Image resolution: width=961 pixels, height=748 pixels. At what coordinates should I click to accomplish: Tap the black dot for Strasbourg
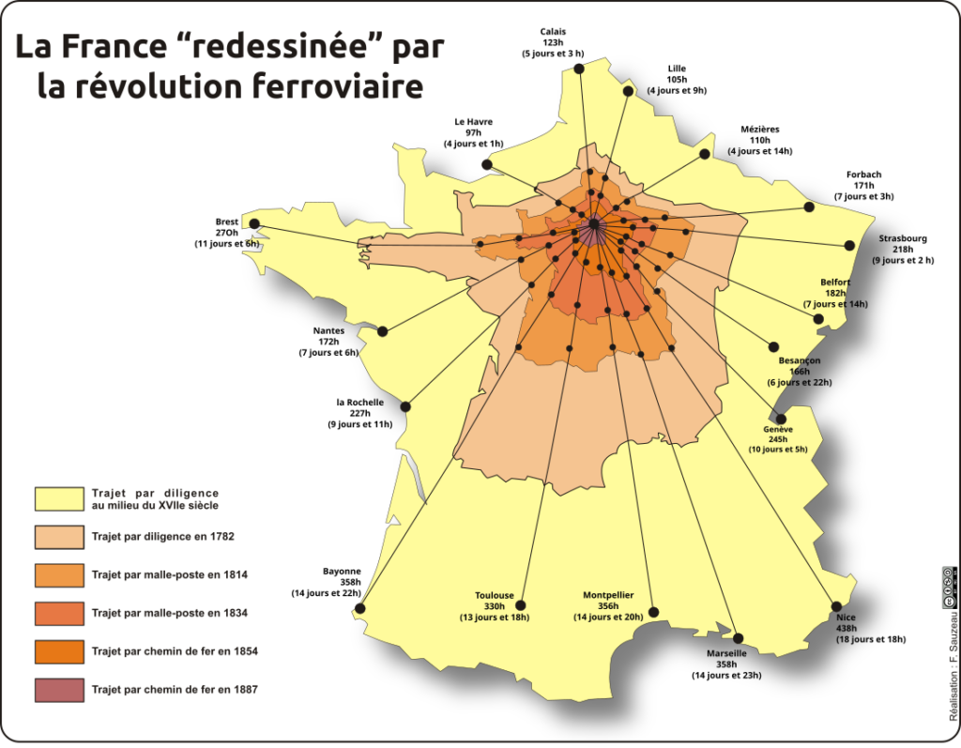849,245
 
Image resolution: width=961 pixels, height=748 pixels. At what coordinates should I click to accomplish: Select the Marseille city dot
738,638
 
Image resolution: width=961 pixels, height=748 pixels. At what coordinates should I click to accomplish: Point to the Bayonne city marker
359,609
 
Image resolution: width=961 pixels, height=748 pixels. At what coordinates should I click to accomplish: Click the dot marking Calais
579,69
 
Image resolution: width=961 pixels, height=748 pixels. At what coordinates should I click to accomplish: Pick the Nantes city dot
383,331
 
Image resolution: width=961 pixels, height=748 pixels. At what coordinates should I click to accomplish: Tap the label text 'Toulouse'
494,595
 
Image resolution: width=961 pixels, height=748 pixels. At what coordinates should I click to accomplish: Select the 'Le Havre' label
473,121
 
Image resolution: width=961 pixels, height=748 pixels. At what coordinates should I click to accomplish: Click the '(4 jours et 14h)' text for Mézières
759,151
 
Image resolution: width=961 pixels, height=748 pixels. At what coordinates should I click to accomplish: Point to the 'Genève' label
778,429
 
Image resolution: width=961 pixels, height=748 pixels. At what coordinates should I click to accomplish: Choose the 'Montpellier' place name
608,595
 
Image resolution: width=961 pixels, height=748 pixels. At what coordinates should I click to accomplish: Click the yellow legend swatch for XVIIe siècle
59,498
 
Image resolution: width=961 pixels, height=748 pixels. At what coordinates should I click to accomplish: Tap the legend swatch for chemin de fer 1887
59,690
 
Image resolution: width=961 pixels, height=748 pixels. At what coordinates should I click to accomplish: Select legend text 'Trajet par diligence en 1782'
162,536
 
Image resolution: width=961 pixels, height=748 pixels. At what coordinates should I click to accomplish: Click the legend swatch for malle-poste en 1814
59,574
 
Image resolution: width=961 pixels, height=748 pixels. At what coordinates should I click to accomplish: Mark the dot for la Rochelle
406,407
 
